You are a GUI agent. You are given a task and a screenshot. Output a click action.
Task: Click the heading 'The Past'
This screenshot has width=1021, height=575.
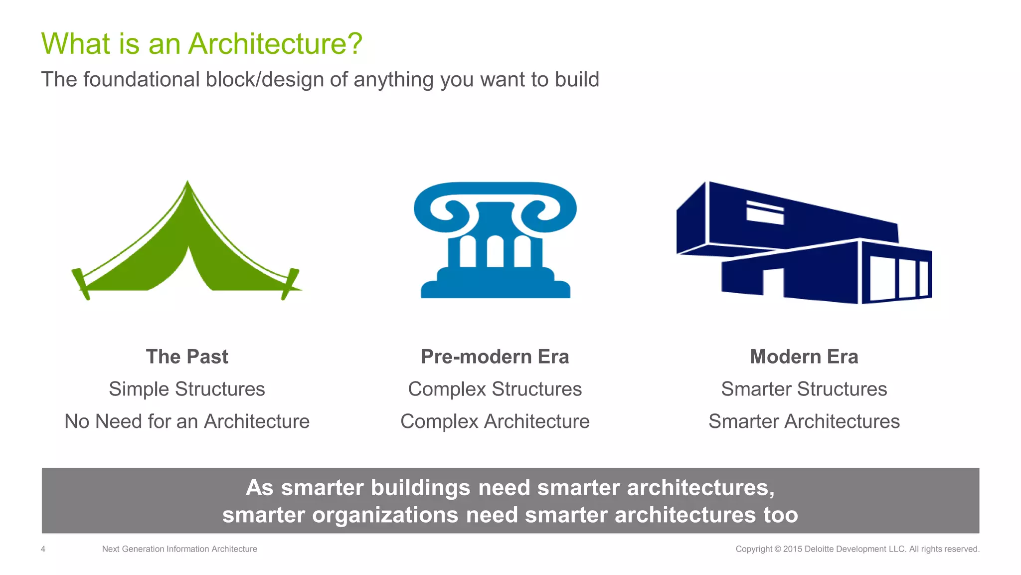click(187, 357)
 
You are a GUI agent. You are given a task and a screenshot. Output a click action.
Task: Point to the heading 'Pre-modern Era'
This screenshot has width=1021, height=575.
click(495, 357)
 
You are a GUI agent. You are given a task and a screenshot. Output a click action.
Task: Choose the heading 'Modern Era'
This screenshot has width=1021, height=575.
click(804, 357)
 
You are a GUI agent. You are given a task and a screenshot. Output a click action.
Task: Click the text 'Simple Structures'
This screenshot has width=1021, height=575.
click(187, 389)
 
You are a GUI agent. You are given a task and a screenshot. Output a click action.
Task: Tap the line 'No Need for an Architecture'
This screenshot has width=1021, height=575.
click(187, 422)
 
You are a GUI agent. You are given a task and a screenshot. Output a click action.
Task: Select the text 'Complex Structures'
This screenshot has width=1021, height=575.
click(495, 389)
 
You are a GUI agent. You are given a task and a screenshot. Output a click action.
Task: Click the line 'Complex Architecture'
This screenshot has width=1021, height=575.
click(495, 422)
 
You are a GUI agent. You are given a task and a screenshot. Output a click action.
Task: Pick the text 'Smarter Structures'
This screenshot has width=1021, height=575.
click(804, 389)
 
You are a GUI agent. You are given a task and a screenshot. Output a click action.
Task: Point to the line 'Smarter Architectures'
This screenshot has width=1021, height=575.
click(804, 422)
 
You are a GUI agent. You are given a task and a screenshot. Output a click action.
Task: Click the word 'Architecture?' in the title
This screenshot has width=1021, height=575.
click(275, 44)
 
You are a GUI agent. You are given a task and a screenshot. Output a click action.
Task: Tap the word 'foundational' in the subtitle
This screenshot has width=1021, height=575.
click(142, 80)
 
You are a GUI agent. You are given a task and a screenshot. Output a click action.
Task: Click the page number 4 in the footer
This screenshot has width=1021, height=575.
click(43, 549)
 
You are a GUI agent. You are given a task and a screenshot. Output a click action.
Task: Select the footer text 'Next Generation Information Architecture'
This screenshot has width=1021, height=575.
click(179, 549)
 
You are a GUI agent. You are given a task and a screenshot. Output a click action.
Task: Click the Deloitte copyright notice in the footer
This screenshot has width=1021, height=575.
click(857, 549)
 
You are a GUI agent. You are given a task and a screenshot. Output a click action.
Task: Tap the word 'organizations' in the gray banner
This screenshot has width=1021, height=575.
click(385, 515)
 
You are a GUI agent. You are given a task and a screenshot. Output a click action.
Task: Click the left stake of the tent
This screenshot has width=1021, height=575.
click(80, 284)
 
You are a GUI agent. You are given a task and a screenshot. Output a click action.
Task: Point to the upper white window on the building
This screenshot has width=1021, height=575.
click(765, 213)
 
